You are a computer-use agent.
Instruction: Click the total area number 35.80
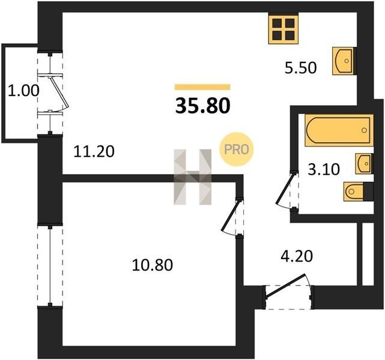[x=203, y=106]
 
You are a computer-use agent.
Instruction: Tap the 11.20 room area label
[x=94, y=151]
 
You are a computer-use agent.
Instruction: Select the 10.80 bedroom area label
[x=152, y=265]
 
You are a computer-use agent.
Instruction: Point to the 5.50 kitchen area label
[x=300, y=68]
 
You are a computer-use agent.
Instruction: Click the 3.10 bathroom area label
[x=324, y=169]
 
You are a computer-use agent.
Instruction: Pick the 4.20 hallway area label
[x=297, y=256]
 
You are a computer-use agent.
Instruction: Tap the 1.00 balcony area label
[x=23, y=91]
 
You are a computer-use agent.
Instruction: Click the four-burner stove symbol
[x=283, y=29]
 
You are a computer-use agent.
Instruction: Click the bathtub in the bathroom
[x=339, y=130]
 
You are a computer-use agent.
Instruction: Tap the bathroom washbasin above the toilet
[x=364, y=164]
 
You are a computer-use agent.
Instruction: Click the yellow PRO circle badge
[x=237, y=149]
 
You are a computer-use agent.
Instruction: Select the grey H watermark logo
[x=192, y=177]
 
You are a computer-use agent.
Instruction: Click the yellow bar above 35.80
[x=202, y=87]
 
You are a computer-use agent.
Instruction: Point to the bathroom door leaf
[x=285, y=188]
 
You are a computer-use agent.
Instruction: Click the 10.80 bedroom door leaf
[x=230, y=215]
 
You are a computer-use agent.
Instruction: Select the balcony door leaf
[x=59, y=92]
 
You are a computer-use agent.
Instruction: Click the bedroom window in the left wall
[x=50, y=266]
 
